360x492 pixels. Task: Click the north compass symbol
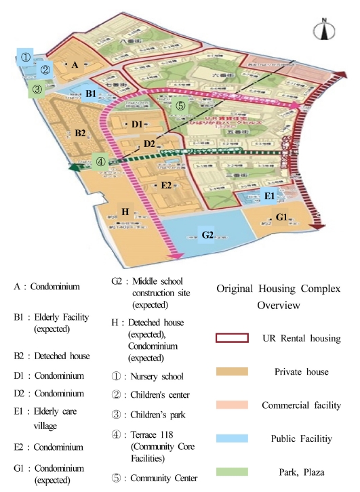click(x=321, y=30)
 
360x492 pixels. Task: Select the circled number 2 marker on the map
click(x=45, y=69)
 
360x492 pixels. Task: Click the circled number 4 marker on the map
click(x=100, y=161)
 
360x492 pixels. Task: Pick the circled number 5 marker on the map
click(x=179, y=106)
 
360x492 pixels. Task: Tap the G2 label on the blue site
click(x=208, y=235)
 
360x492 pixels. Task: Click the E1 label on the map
click(x=268, y=197)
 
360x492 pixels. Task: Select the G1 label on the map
click(x=282, y=218)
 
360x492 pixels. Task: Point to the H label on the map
click(x=125, y=211)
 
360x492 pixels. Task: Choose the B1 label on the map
click(x=91, y=94)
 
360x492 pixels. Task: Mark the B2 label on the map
click(x=80, y=132)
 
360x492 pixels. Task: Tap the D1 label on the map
click(x=137, y=124)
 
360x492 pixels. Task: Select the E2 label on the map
click(x=166, y=185)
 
